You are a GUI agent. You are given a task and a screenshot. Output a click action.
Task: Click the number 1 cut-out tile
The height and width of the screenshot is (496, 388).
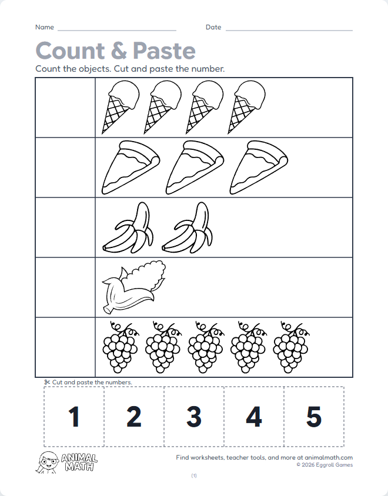(x=74, y=417)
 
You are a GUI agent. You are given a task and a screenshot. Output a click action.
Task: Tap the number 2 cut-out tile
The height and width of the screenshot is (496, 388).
(x=134, y=417)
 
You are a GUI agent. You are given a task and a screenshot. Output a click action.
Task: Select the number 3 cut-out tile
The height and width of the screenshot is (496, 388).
(x=194, y=417)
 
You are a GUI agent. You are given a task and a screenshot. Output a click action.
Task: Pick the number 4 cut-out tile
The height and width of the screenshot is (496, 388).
(x=254, y=417)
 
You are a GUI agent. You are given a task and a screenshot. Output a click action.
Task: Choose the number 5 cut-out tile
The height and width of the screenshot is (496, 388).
(x=314, y=417)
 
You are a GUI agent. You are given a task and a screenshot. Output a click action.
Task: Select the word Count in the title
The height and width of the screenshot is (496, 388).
(x=70, y=51)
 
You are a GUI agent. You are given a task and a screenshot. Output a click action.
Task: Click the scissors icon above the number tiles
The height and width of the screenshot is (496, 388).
(x=47, y=382)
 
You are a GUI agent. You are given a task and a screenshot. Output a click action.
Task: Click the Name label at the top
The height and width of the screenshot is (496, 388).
(x=45, y=28)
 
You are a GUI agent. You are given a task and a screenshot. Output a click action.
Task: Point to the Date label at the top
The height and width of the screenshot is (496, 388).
(x=213, y=28)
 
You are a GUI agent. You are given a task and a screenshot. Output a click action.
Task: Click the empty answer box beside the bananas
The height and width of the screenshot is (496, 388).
(x=65, y=227)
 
